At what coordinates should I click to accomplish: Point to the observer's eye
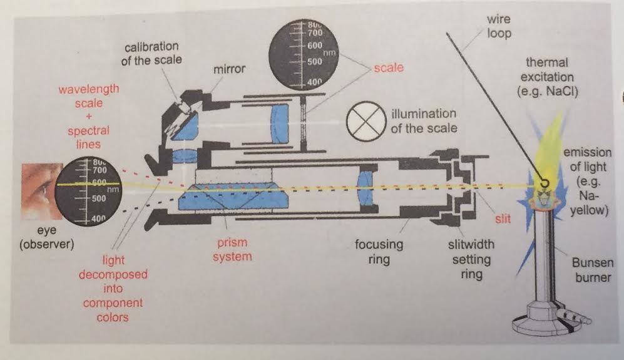click(x=39, y=188)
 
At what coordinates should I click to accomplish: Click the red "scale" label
click(x=388, y=67)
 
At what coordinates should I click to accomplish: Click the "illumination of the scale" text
click(x=424, y=121)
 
